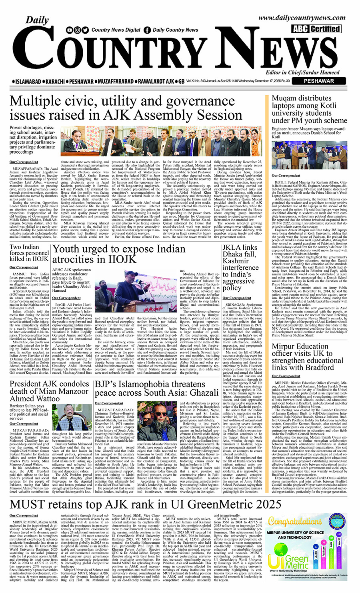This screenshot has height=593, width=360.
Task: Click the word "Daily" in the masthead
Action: (x=37, y=20)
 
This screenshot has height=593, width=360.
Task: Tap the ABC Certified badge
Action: (x=316, y=29)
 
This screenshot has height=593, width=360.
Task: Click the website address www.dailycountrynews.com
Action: (x=302, y=18)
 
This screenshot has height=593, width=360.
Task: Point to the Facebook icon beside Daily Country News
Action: (x=147, y=30)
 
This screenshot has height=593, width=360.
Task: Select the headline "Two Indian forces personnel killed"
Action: (x=29, y=253)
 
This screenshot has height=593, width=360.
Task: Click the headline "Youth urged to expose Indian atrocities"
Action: (x=119, y=254)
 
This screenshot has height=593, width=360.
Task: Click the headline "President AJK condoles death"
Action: (x=50, y=391)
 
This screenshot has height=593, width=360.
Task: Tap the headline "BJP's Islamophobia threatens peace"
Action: (x=156, y=388)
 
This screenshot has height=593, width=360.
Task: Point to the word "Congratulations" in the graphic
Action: (x=295, y=521)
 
